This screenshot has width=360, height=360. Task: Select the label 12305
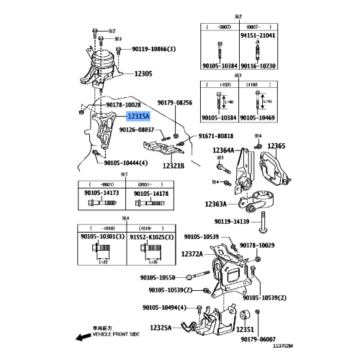[143, 74]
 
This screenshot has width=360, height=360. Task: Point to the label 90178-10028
[123, 105]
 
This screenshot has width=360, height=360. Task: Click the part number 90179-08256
[175, 103]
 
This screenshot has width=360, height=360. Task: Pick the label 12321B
[174, 166]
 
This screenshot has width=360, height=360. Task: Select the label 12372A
[195, 253]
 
